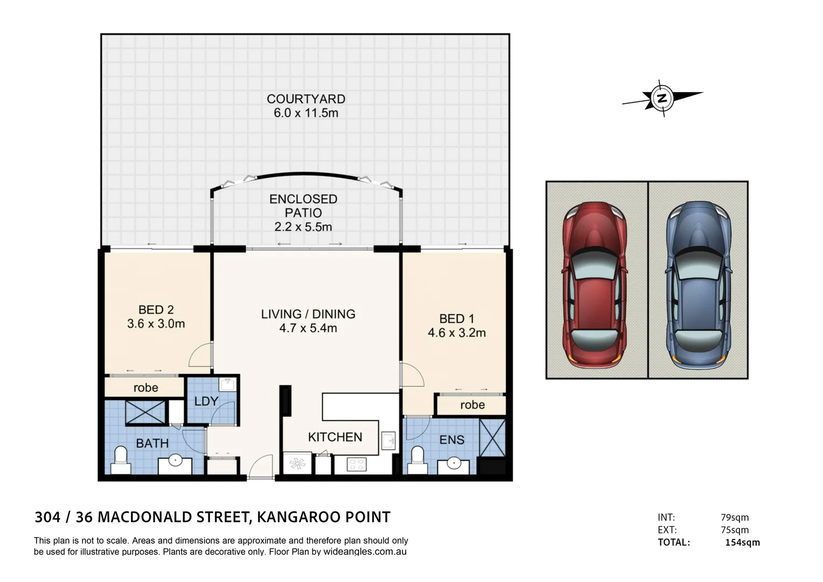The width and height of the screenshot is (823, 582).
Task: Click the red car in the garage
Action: [x=594, y=285]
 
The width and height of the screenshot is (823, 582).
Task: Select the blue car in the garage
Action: [x=698, y=285]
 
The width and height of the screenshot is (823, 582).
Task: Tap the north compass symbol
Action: [x=662, y=99]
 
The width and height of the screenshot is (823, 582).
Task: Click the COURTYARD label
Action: [x=306, y=99]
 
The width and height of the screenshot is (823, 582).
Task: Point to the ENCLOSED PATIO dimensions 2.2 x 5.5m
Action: [x=303, y=227]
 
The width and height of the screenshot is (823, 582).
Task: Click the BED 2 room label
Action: [x=156, y=310]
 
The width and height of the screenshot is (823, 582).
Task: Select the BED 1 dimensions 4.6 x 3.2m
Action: [x=457, y=332]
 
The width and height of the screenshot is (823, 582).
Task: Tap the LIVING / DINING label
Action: [x=308, y=314]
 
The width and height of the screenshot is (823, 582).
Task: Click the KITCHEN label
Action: [x=335, y=437]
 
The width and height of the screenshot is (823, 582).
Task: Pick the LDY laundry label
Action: [x=206, y=401]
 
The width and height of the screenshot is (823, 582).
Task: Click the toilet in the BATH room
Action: [x=121, y=460]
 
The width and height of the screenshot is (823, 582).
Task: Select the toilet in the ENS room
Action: [x=417, y=460]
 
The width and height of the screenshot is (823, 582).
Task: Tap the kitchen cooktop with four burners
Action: [x=357, y=465]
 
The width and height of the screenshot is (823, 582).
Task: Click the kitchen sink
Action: [x=388, y=440]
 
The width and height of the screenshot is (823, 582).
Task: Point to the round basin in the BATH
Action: [x=175, y=460]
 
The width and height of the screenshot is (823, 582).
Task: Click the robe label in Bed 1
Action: [x=472, y=405]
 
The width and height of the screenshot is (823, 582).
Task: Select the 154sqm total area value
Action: [x=743, y=543]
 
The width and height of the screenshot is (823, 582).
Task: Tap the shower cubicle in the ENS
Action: [x=493, y=438]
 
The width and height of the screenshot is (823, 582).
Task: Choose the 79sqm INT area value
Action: [x=735, y=518]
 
